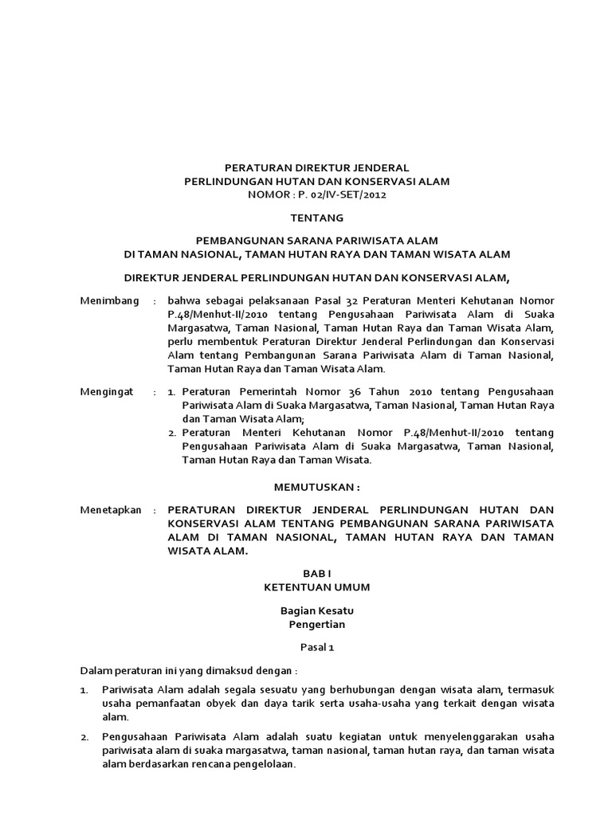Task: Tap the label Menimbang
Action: pyautogui.click(x=110, y=301)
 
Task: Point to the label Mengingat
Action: pyautogui.click(x=108, y=393)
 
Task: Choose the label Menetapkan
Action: pyautogui.click(x=111, y=509)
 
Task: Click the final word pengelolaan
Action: pyautogui.click(x=265, y=763)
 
